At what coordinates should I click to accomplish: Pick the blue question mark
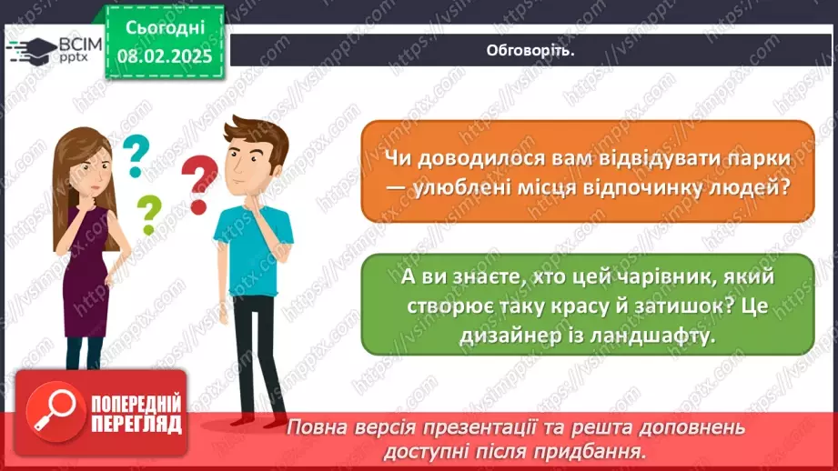[x=136, y=155]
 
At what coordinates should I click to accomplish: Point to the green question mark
[x=147, y=215]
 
